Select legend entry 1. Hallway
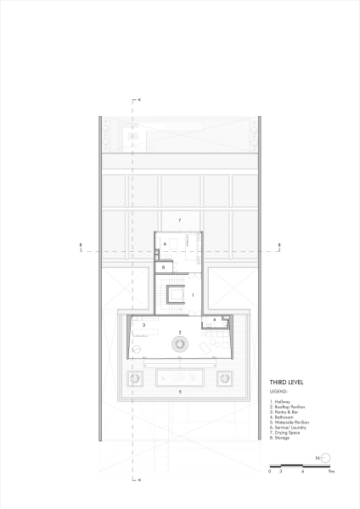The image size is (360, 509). pos(281,401)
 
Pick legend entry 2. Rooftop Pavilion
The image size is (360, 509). pos(287,406)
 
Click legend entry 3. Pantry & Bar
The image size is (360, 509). pos(284,411)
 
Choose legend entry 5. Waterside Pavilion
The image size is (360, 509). pos(289,422)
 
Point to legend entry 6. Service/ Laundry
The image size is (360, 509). pos(287,427)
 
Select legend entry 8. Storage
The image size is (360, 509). pos(280,437)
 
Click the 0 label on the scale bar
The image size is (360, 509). pos(269,471)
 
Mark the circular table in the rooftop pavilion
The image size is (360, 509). pos(180,344)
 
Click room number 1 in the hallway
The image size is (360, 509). pos(194,294)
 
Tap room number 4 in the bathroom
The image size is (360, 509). pos(214,320)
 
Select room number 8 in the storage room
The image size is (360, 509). pos(162,267)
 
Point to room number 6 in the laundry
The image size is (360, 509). pos(165,244)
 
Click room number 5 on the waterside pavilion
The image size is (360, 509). pos(180,392)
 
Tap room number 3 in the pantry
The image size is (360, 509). pos(144,325)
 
